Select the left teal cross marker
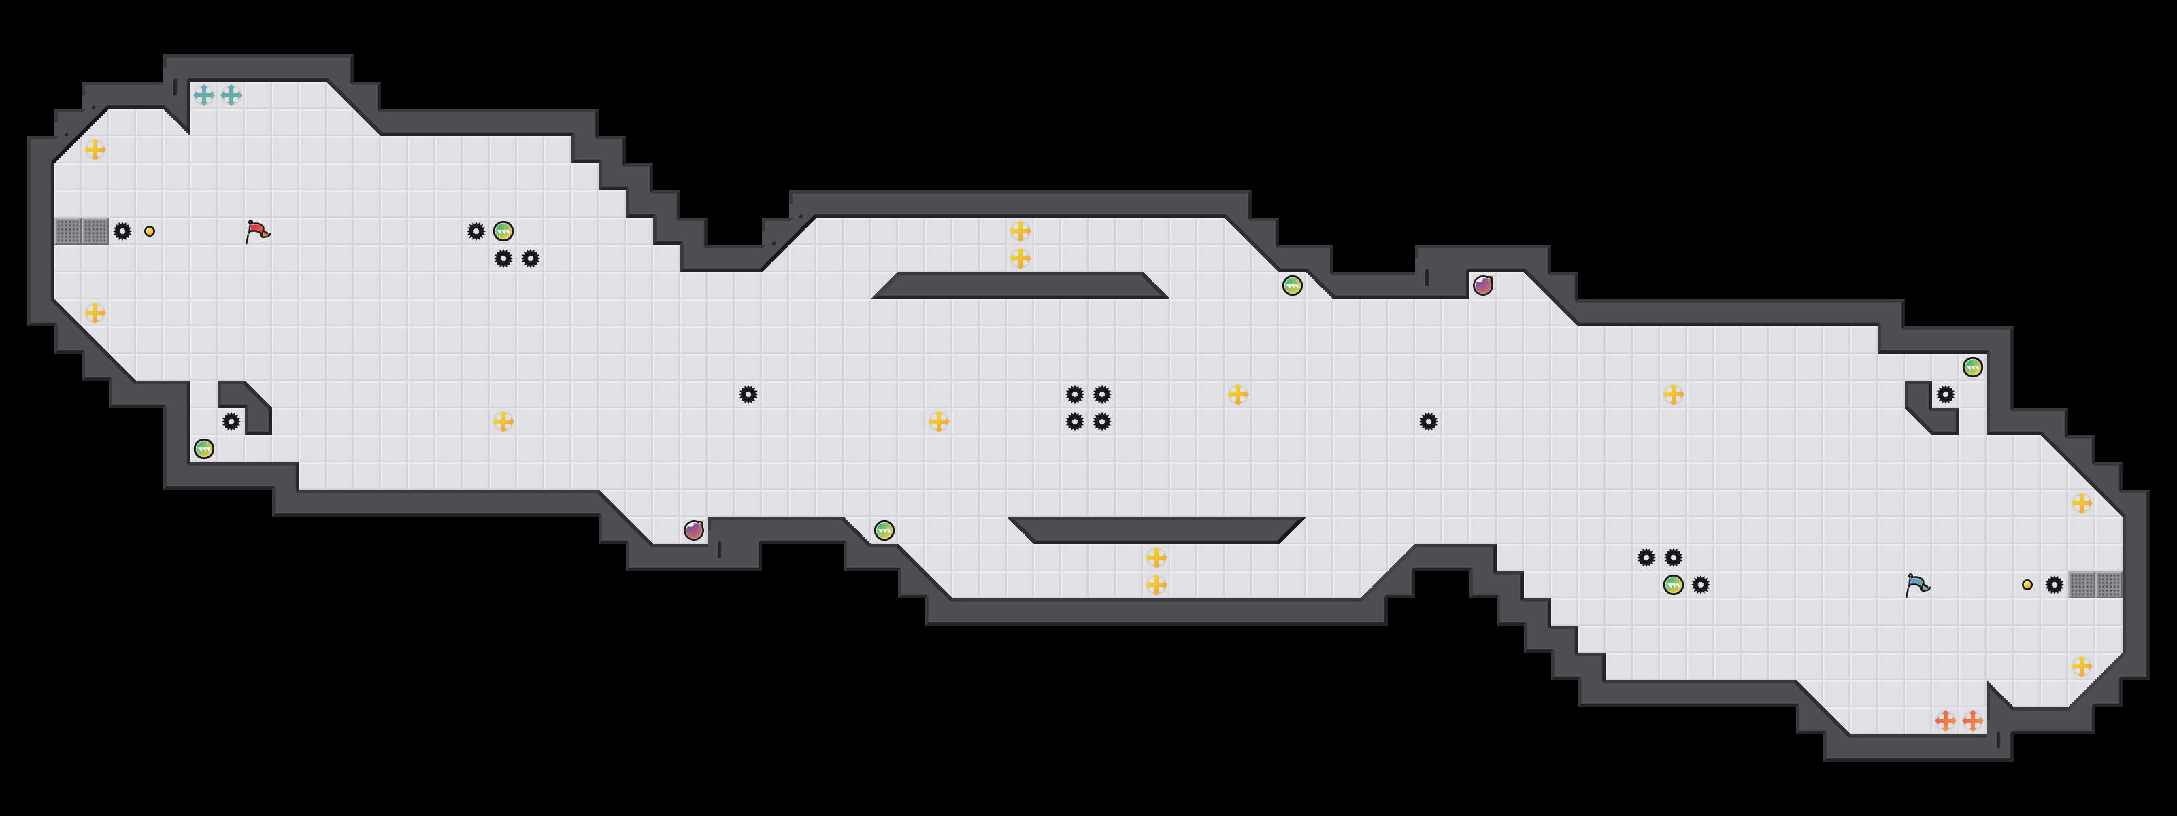[x=203, y=95]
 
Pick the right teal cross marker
[x=231, y=95]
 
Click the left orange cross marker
[x=1946, y=721]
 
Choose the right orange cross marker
[x=1972, y=721]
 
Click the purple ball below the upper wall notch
[x=1482, y=286]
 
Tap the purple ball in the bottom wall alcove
[x=694, y=530]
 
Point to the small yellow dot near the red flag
[x=150, y=231]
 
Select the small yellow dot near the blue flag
[x=2027, y=585]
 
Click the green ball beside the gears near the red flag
[x=503, y=231]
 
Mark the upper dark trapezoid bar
[x=1020, y=286]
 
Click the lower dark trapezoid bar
[x=1156, y=530]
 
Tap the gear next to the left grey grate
[x=122, y=231]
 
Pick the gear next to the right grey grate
[x=2054, y=585]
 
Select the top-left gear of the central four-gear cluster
[x=1074, y=394]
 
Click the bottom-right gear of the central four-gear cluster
[x=1102, y=422]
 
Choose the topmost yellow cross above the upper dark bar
[x=1020, y=231]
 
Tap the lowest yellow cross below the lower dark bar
[x=1156, y=585]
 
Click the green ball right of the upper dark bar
[x=1292, y=286]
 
